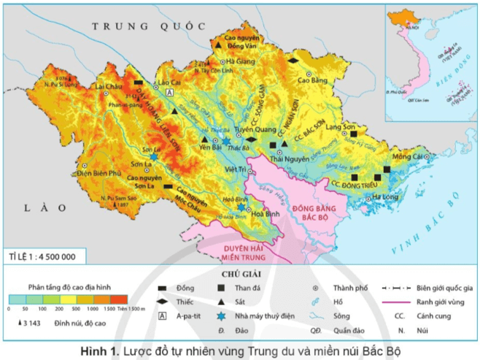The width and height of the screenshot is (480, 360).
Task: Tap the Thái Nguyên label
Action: click(x=285, y=157)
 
